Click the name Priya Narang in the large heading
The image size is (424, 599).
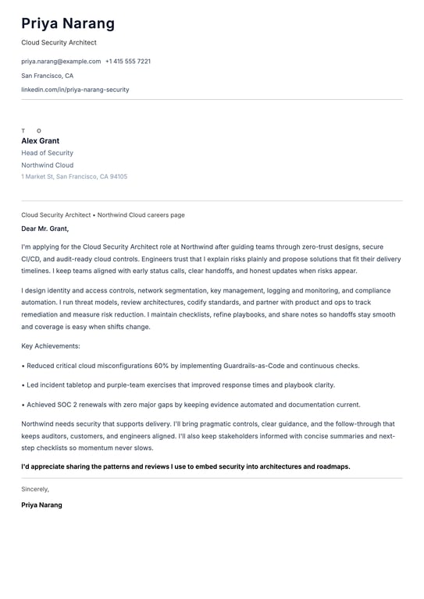click(68, 23)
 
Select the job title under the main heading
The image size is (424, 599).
click(59, 43)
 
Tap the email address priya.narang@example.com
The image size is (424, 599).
click(61, 61)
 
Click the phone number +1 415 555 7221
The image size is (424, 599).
click(128, 61)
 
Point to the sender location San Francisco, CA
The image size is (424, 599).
click(47, 76)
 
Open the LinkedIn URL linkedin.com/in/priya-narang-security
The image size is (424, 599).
click(75, 90)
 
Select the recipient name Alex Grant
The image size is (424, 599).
click(40, 141)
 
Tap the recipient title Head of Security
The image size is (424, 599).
click(47, 154)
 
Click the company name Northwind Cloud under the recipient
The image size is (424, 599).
click(47, 165)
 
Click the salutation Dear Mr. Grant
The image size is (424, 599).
click(45, 229)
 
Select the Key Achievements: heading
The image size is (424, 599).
click(50, 346)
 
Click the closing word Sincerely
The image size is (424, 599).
click(34, 489)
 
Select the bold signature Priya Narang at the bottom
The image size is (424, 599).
click(41, 505)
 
